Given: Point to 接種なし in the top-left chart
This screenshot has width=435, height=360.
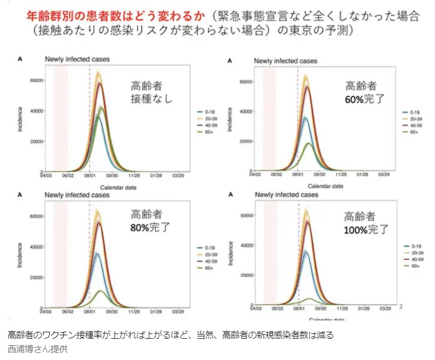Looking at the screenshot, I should pos(151,98).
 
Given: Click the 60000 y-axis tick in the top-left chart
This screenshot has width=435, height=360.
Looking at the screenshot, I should pos(37,80).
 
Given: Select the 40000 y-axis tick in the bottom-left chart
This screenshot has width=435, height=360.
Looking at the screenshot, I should pos(37,247).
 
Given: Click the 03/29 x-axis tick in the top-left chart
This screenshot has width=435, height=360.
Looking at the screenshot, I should pos(178,175).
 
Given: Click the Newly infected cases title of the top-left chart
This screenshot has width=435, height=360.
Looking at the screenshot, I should pos(78,59).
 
